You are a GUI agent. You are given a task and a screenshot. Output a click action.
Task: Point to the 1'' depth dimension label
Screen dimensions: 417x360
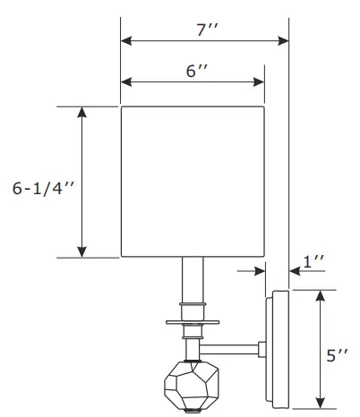click(x=313, y=262)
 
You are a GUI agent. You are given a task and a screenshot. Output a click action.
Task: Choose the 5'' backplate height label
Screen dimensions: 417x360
click(x=337, y=355)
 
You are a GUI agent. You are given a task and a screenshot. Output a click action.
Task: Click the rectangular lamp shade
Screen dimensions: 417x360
click(x=193, y=182)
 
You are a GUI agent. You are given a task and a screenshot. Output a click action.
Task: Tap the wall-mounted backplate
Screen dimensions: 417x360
click(x=278, y=349)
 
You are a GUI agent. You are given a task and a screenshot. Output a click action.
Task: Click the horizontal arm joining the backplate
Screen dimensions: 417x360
click(x=230, y=346)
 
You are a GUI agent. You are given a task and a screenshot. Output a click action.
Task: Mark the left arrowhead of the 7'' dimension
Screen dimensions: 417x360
click(x=125, y=40)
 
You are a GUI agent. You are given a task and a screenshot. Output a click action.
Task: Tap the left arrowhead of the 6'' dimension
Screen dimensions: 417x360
click(x=125, y=82)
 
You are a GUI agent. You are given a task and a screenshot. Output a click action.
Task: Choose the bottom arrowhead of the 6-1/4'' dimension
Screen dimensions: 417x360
click(x=82, y=252)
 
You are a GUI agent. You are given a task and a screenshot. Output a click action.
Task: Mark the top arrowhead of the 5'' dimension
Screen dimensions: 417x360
click(x=319, y=294)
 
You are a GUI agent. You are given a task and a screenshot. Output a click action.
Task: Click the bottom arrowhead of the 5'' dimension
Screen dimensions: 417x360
click(x=319, y=403)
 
